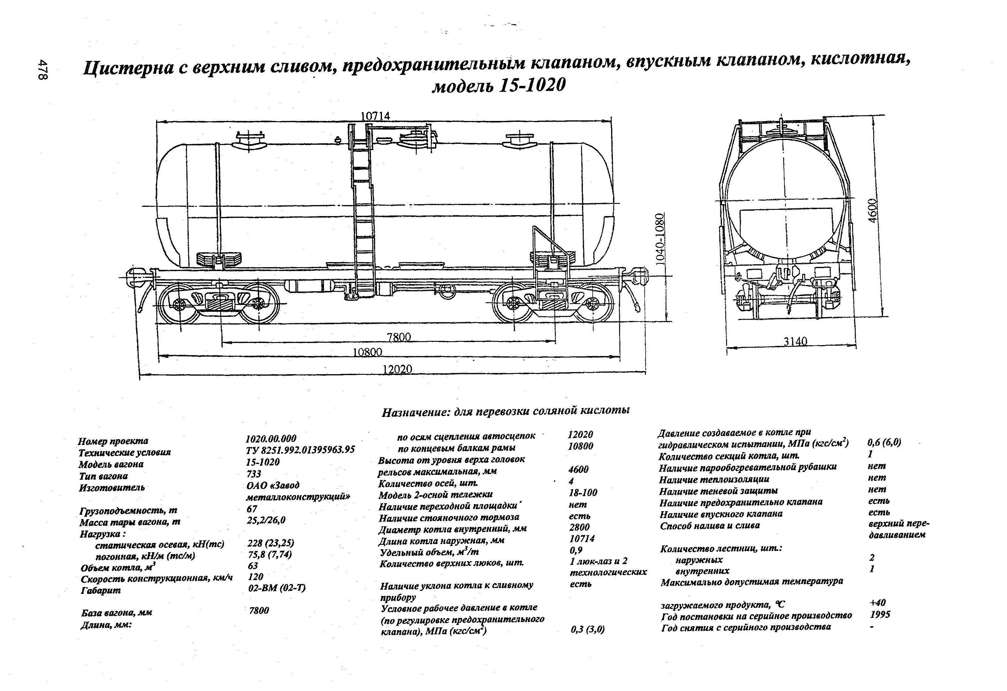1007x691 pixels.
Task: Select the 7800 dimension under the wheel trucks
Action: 399,337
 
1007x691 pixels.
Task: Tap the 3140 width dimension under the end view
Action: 796,341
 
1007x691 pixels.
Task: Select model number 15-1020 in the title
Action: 533,85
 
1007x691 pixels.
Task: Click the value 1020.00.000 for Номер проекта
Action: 271,438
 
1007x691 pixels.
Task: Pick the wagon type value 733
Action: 254,474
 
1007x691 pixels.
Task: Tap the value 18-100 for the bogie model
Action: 583,492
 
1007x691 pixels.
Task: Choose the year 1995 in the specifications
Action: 880,615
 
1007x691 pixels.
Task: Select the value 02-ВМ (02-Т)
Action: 276,588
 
